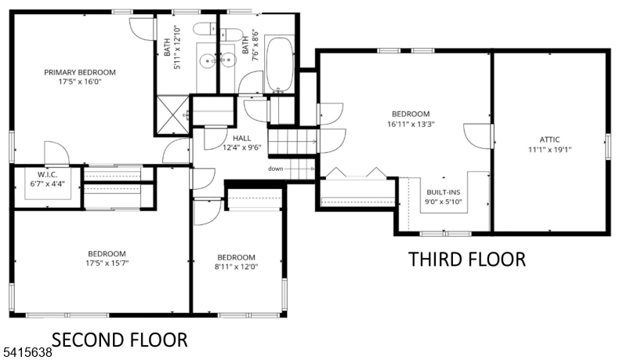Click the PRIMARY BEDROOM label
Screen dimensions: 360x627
(79, 72)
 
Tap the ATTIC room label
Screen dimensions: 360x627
(545, 139)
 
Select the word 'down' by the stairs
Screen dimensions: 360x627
(275, 169)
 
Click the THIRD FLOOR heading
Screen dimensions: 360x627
(466, 259)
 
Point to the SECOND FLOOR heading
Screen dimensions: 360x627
(120, 340)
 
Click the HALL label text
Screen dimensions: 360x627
(241, 138)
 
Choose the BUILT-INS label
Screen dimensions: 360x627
(444, 191)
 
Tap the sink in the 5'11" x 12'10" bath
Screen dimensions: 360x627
(206, 60)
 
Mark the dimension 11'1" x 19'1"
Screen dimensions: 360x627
(545, 148)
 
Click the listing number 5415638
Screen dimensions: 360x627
(25, 353)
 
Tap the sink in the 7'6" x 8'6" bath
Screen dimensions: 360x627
(228, 60)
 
